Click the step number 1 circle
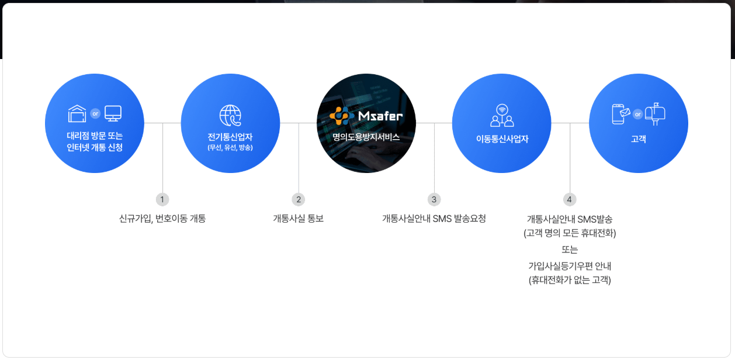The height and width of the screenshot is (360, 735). pos(162,199)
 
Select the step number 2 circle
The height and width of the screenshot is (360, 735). pos(299,199)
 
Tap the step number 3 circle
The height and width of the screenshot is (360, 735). pos(434,199)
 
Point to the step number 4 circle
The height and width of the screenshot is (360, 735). pos(570,199)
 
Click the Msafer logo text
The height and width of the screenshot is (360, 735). pos(380,116)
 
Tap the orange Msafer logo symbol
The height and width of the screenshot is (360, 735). pos(342,115)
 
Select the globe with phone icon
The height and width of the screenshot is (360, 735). pos(230,116)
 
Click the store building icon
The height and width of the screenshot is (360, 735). pos(77,113)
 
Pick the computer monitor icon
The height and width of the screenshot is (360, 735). pos(113,113)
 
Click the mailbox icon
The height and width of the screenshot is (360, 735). pos(656,113)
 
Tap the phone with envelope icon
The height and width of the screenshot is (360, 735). pos(620,113)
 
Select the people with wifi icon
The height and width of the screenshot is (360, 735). pos(502,115)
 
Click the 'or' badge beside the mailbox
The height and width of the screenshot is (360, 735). pos(637,113)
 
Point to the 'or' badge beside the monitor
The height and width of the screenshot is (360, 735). pos(95,113)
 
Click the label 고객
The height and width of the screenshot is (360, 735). pos(638,139)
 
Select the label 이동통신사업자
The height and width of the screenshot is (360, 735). pos(502,139)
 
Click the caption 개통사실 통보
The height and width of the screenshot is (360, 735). pos(298,219)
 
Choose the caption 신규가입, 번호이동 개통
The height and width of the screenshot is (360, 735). pos(162,219)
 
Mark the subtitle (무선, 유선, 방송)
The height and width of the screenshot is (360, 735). pos(230,147)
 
